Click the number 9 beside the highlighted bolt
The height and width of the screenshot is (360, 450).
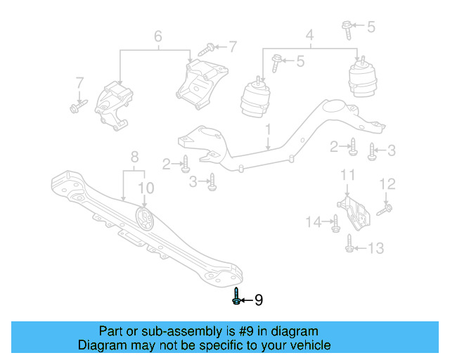[x=258, y=300]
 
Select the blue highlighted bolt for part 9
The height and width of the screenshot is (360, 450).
[x=236, y=297]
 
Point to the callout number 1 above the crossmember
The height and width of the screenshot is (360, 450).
[x=268, y=130]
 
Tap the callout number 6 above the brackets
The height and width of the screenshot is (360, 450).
[x=157, y=35]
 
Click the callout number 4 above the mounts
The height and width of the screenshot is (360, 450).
[x=309, y=34]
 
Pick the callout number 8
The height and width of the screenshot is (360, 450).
[x=134, y=157]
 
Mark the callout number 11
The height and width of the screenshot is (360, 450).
[x=347, y=174]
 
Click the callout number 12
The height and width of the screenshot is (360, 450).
[x=388, y=184]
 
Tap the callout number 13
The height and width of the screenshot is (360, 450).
[x=376, y=247]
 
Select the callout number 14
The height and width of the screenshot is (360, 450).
[x=313, y=222]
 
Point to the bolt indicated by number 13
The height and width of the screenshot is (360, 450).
[x=350, y=244]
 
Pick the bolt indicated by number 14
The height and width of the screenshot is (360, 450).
[x=335, y=224]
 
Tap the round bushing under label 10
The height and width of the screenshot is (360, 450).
[x=145, y=220]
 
